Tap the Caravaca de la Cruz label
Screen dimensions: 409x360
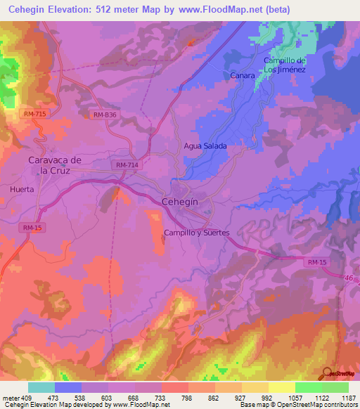pyautogui.click(x=55, y=165)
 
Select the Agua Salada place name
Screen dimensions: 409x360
pyautogui.click(x=205, y=145)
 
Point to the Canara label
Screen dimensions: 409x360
pyautogui.click(x=242, y=74)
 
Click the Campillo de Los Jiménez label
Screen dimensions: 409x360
pyautogui.click(x=284, y=65)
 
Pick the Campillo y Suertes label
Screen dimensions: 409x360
pyautogui.click(x=196, y=233)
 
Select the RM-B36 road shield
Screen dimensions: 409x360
pyautogui.click(x=104, y=114)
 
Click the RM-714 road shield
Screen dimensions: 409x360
pyautogui.click(x=127, y=164)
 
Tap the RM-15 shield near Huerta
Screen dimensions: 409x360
pyautogui.click(x=32, y=228)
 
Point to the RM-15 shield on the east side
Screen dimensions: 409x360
pyautogui.click(x=317, y=262)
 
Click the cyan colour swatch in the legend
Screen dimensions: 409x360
pyautogui.click(x=41, y=387)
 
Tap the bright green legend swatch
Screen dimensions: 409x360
pyautogui.click(x=308, y=387)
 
